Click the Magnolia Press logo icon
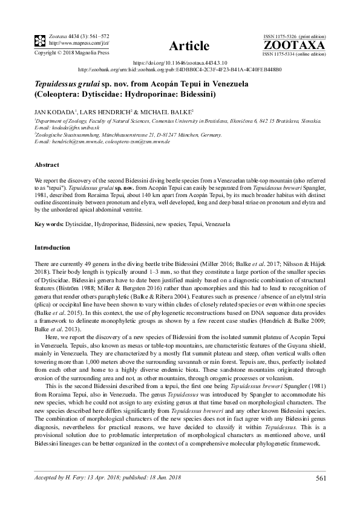[x=40, y=41]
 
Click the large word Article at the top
[x=189, y=46]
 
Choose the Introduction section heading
[x=53, y=248]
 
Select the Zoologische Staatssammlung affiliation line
[x=122, y=135]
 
